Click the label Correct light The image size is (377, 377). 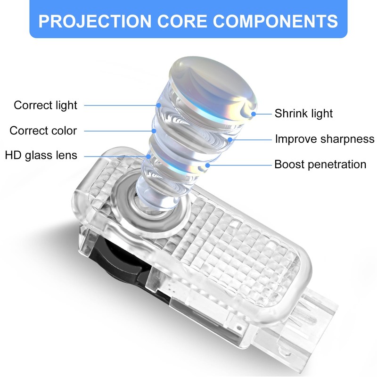[x=45, y=105]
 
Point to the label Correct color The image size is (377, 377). [x=43, y=131]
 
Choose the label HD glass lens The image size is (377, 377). [x=41, y=155]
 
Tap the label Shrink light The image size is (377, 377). [x=304, y=114]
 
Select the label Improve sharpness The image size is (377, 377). [x=325, y=139]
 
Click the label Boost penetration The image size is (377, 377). [x=320, y=164]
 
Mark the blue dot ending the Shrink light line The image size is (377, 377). [x=254, y=114]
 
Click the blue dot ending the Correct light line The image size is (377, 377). [x=158, y=105]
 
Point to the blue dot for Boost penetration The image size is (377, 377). [x=207, y=165]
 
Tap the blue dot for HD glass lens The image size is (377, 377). [x=148, y=155]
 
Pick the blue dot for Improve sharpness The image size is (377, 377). [x=229, y=139]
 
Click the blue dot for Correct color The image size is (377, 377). [x=153, y=131]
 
